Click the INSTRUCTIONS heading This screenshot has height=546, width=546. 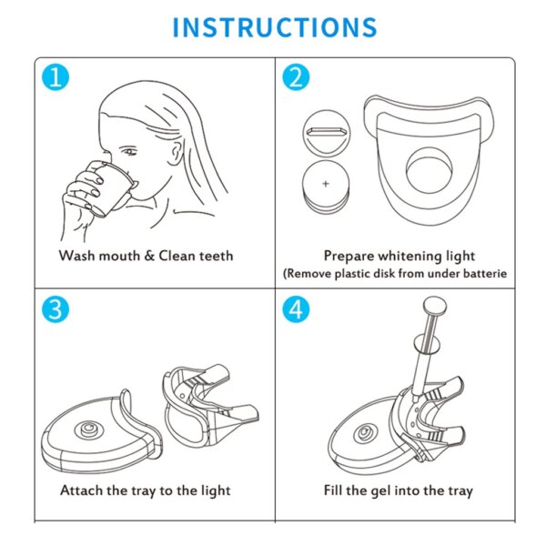[x=275, y=27]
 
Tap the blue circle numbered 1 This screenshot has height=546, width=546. [x=56, y=77]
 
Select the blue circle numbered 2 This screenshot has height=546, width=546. [x=296, y=77]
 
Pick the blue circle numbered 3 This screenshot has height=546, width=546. [x=56, y=309]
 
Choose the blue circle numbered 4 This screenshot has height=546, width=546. [x=296, y=309]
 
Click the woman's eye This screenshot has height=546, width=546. [x=129, y=151]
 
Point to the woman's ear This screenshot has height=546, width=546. [x=176, y=152]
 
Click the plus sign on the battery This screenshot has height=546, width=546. [x=326, y=183]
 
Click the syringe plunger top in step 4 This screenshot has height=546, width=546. [x=435, y=307]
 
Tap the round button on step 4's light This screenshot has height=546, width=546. [x=365, y=434]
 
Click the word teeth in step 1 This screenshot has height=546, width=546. [x=217, y=256]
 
